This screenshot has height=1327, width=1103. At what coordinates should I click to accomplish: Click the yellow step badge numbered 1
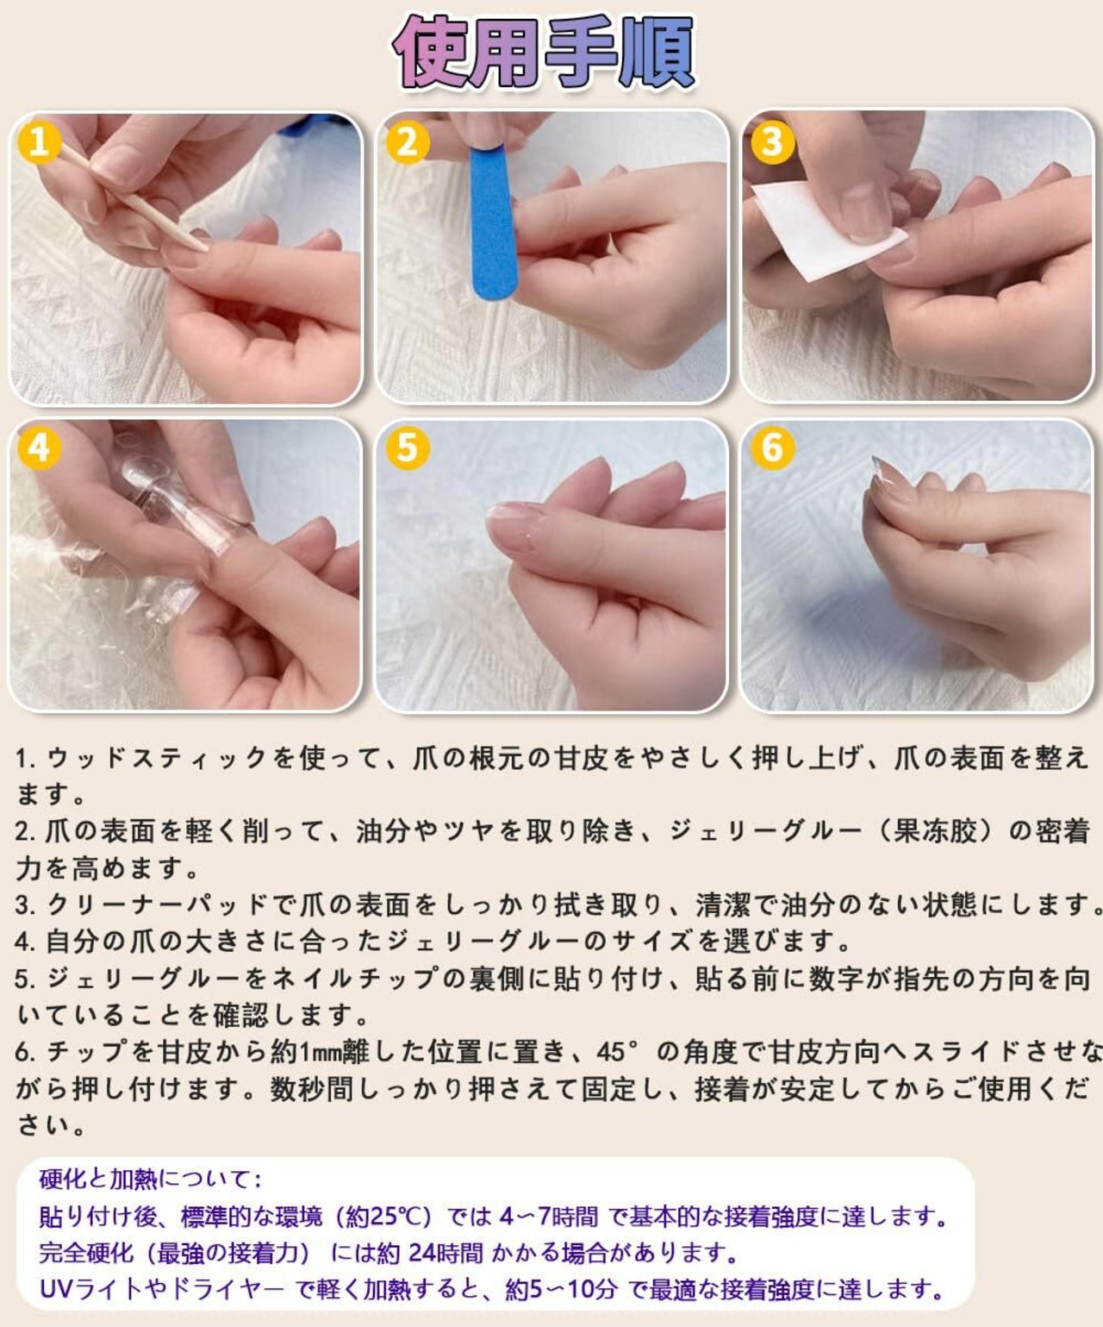coord(40,141)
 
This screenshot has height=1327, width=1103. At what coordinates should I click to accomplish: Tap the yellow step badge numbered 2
coord(408,141)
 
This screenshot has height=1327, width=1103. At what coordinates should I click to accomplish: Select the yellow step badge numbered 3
coord(773,141)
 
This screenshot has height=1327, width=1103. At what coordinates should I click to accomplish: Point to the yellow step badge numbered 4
coord(40,448)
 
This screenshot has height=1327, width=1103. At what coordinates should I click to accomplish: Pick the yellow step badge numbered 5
coord(408,448)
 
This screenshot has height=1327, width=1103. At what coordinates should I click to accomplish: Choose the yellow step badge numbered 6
coord(773,448)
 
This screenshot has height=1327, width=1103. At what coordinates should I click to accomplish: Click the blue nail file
coord(493,222)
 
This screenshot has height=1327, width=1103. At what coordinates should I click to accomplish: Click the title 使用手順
coord(544,52)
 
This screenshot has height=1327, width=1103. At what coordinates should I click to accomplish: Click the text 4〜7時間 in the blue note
coord(548,1217)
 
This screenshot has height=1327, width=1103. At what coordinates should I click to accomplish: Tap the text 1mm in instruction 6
coord(321,1052)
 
